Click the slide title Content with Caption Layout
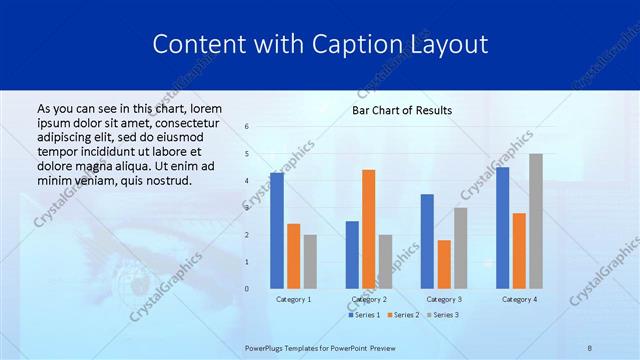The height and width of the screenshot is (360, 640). click(320, 44)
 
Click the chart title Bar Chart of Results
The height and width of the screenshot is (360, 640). click(402, 110)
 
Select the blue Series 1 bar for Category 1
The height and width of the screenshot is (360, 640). click(277, 231)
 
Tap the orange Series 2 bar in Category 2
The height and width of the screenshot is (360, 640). click(369, 229)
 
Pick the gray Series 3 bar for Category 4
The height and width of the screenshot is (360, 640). click(536, 221)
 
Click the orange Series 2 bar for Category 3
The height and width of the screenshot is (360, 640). click(444, 264)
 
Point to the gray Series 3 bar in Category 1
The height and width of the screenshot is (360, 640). click(310, 261)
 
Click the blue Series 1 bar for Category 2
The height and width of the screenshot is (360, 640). click(352, 255)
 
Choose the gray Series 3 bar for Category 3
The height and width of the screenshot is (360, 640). click(461, 248)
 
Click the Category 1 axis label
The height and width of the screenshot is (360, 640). click(293, 299)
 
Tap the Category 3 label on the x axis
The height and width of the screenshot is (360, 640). click(443, 299)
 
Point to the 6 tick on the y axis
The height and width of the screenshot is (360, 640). click(246, 127)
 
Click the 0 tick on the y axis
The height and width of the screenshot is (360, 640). click(246, 289)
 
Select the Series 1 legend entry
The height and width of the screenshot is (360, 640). click(365, 315)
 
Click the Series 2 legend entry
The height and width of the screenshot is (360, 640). click(403, 315)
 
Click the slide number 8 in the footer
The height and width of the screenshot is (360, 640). click(590, 347)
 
